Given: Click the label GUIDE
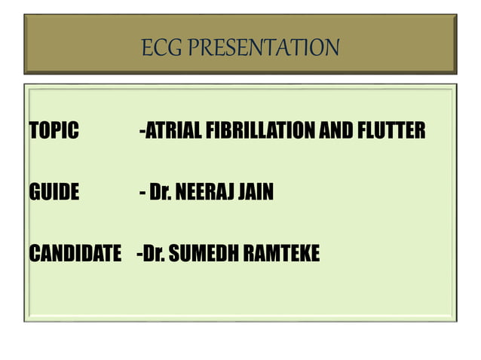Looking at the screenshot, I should tap(54, 194).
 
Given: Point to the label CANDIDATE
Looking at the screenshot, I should tap(75, 255).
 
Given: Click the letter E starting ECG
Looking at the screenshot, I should tap(146, 48).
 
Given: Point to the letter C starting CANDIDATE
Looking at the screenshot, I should tap(34, 255).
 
